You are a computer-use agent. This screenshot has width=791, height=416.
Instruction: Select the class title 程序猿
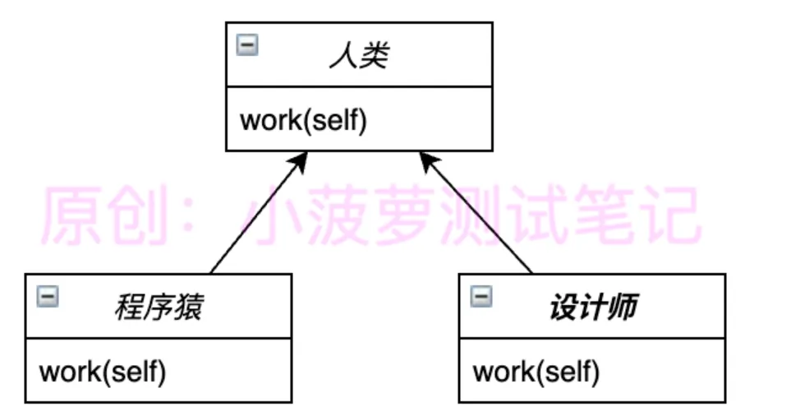click(x=159, y=308)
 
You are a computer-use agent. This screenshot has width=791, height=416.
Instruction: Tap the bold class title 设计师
click(x=593, y=308)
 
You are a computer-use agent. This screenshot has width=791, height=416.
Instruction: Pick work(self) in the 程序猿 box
click(x=103, y=372)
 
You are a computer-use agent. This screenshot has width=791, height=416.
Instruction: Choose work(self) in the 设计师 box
click(x=536, y=372)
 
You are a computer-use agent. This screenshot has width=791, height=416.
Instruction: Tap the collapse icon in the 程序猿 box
click(x=48, y=297)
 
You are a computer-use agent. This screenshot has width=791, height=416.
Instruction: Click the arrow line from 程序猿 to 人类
click(x=256, y=216)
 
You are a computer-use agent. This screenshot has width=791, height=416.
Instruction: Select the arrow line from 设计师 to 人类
click(x=479, y=216)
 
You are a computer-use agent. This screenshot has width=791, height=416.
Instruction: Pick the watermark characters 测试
click(x=522, y=215)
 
